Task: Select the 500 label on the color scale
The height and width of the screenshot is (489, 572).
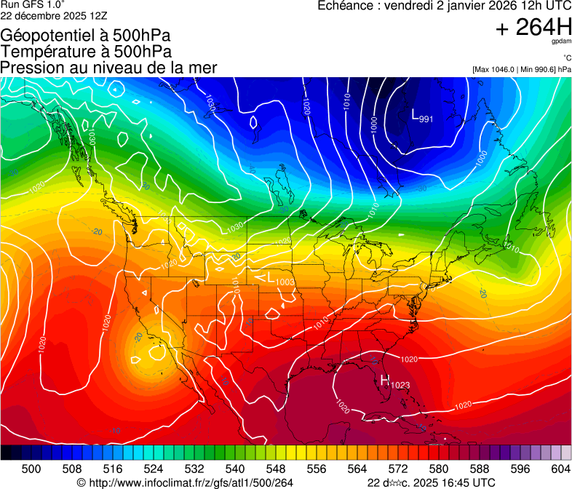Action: (31, 469)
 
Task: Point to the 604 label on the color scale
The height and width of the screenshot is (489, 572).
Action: (560, 469)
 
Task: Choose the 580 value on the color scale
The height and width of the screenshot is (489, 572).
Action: (439, 469)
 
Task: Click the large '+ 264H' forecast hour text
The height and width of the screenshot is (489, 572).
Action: (533, 28)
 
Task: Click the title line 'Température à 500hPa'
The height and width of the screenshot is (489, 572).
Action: (86, 52)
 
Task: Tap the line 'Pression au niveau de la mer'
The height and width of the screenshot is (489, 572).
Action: (108, 68)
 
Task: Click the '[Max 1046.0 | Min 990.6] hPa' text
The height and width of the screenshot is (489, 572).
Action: (521, 70)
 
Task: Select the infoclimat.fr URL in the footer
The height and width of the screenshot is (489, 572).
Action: (185, 482)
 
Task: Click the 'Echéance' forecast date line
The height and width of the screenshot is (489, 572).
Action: (444, 6)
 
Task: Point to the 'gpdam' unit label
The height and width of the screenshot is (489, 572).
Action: (562, 42)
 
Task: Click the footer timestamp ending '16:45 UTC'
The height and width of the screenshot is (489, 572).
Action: (431, 482)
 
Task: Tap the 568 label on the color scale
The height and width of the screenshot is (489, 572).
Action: (378, 469)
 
